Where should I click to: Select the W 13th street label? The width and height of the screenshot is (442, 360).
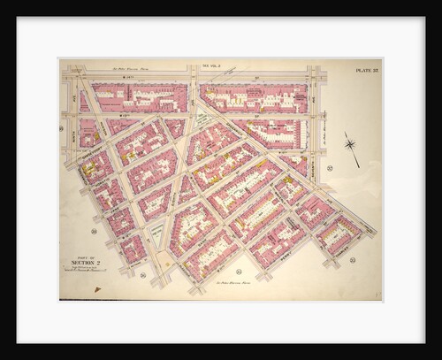click(124, 115)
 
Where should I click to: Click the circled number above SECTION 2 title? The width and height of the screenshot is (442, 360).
click(93, 231)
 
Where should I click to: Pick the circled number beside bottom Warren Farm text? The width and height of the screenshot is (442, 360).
click(239, 271)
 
